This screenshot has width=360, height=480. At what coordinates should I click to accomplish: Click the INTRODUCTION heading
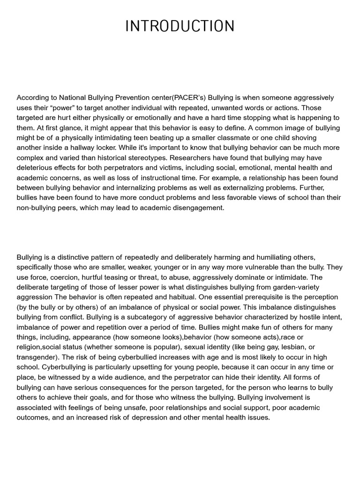pyautogui.click(x=180, y=26)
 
